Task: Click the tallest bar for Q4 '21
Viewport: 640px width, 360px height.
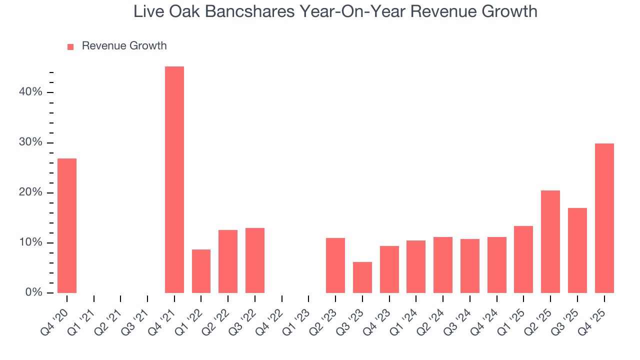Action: (174, 180)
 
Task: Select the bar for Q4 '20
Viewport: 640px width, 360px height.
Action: (67, 225)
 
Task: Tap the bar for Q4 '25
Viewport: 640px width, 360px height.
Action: (604, 218)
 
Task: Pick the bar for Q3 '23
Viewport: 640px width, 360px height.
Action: (362, 277)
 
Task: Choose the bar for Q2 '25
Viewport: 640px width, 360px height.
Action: (550, 241)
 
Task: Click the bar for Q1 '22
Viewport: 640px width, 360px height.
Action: (201, 271)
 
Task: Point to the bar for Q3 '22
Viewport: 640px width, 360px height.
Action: (254, 260)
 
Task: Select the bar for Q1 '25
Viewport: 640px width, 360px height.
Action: (523, 259)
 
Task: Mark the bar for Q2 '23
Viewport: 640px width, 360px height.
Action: (335, 265)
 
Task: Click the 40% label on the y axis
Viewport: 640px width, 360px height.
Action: (31, 92)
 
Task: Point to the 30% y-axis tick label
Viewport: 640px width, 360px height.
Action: (31, 142)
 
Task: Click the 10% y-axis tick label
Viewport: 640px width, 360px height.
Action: (31, 242)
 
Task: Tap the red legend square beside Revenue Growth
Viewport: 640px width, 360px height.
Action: (70, 46)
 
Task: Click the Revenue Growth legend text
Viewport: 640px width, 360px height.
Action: (124, 46)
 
